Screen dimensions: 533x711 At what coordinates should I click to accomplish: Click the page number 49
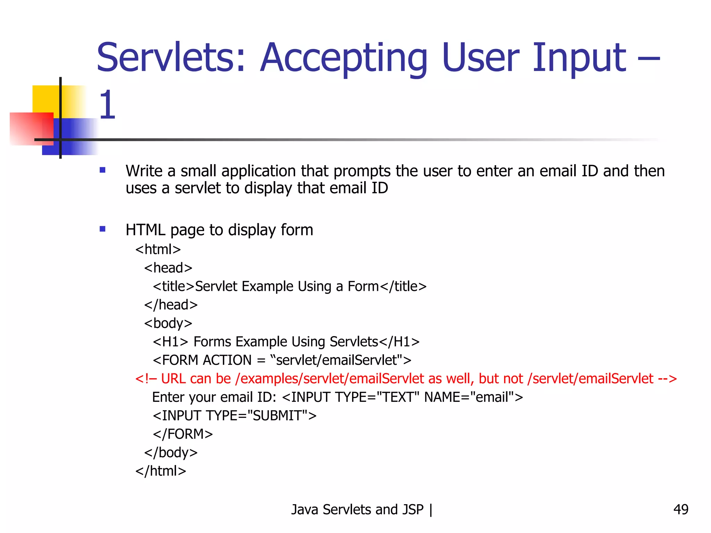point(680,509)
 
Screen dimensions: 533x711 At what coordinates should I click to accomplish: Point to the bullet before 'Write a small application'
point(102,170)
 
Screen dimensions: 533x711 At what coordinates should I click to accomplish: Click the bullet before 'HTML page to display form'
point(102,229)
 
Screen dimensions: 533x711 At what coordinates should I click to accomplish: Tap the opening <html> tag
point(158,249)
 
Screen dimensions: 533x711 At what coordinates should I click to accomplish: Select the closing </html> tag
point(161,471)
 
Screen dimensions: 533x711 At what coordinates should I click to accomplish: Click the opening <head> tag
point(168,268)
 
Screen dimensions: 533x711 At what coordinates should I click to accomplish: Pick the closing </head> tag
point(171,305)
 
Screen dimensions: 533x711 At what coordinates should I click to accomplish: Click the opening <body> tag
point(168,323)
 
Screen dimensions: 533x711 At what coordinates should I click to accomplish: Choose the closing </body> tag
point(171,452)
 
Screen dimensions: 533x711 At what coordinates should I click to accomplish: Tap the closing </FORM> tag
point(183,434)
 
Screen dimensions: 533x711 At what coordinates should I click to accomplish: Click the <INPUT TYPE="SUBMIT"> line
point(235,416)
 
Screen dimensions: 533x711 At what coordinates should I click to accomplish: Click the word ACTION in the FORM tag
point(227,360)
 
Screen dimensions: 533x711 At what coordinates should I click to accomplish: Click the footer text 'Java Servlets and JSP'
point(357,509)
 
